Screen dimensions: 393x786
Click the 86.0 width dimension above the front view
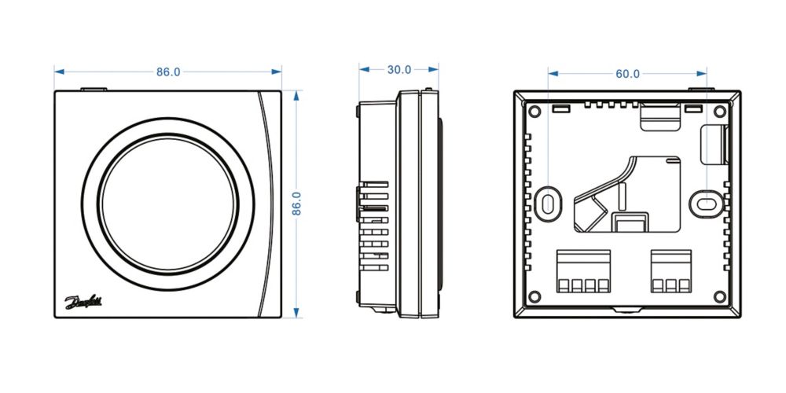pos(167,72)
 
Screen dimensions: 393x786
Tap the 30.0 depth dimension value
pos(399,69)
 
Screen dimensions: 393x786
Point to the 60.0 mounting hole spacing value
pos(627,74)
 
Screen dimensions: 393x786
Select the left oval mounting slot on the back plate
pos(548,201)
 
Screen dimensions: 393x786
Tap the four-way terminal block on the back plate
pos(582,271)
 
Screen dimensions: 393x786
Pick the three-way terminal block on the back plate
pos(670,271)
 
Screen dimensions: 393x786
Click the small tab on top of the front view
pos(94,89)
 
